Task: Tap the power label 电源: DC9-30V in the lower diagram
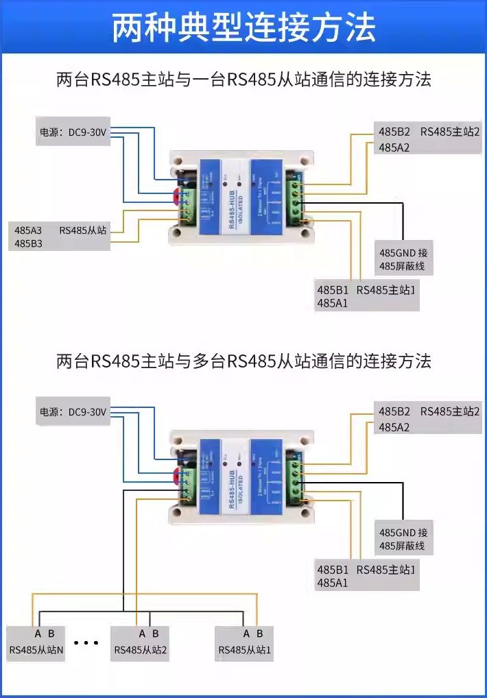point(73,413)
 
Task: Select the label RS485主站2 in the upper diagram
point(450,132)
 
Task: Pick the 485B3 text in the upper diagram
point(28,243)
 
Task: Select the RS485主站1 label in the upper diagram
point(386,289)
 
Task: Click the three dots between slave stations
point(86,643)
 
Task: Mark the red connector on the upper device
point(178,197)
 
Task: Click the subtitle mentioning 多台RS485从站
point(243,361)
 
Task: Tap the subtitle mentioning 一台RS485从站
point(243,80)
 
